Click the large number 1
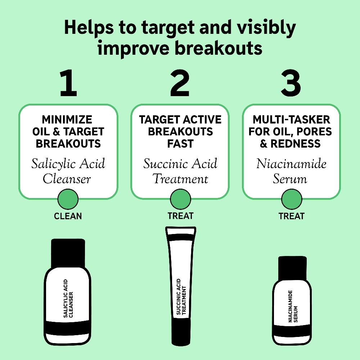(x=68, y=84)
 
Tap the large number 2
(x=180, y=84)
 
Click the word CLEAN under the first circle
(x=68, y=216)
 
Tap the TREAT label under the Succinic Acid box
(x=180, y=216)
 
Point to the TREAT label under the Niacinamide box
(x=292, y=216)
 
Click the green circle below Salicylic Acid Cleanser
(x=68, y=199)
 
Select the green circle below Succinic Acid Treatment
(x=180, y=199)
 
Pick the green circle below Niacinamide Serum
(x=292, y=199)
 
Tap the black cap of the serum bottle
(x=292, y=267)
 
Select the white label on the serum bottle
(x=292, y=306)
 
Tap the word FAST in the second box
(x=180, y=144)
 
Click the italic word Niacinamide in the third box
(x=291, y=164)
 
